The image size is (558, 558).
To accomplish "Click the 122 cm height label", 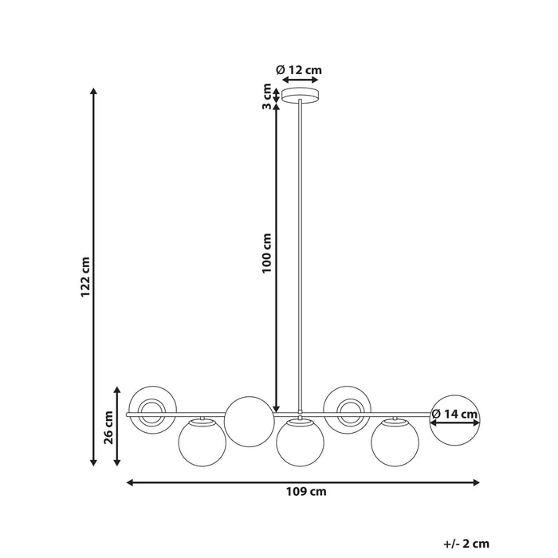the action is [x=85, y=277].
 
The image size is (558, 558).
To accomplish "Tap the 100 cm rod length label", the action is [x=267, y=253].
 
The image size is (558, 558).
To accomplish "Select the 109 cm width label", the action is [x=306, y=492].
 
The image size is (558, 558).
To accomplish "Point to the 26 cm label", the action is [x=108, y=427].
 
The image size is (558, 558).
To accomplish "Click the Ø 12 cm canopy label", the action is [x=299, y=70].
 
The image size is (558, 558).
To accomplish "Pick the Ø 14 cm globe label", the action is [x=454, y=414].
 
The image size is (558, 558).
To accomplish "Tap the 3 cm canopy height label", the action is [x=267, y=96].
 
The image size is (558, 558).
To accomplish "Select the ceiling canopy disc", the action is [x=300, y=95].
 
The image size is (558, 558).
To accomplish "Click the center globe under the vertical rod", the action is [x=301, y=442].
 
